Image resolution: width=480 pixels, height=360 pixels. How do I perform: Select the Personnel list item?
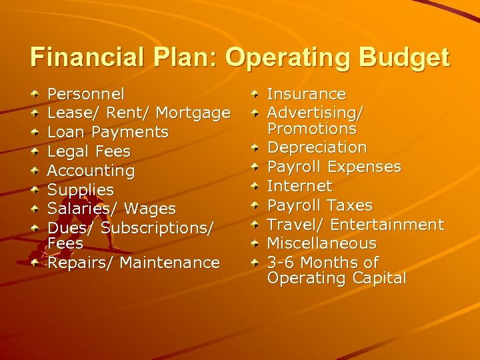coord(86,94)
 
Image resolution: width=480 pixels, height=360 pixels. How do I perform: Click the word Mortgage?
coord(194,113)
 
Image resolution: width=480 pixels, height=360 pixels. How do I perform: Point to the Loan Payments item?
coord(108,132)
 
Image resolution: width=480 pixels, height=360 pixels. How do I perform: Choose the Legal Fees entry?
coord(89,151)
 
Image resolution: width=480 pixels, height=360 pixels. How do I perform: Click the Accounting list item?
coord(91,171)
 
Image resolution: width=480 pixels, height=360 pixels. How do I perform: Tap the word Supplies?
coord(81,190)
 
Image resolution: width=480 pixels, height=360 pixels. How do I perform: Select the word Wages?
coord(150,209)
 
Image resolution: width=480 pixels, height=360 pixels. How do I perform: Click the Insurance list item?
coord(306,94)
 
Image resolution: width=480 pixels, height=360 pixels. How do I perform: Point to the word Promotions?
coord(311,129)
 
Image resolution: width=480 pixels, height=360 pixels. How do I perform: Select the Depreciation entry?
coord(317,147)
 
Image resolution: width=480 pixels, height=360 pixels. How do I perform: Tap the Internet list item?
coord(299,185)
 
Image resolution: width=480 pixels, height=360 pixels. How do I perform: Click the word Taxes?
coord(348,205)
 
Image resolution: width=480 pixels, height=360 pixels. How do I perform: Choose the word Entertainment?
coord(387,224)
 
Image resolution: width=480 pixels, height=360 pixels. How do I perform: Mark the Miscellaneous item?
coord(321,243)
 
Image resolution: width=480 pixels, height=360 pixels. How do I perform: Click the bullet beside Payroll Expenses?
coord(255,167)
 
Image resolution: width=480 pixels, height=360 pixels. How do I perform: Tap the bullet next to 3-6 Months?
coord(255,263)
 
